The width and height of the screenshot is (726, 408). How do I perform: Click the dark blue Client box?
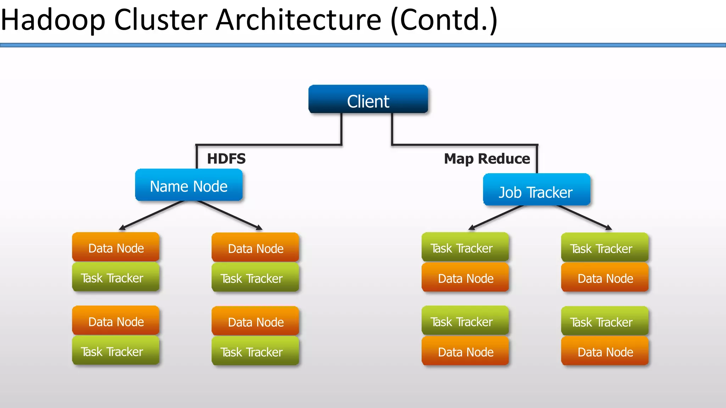368,100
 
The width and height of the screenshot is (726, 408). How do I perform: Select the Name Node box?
189,185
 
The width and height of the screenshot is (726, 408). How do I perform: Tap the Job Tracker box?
536,190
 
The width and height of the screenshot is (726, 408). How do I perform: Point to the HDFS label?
226,159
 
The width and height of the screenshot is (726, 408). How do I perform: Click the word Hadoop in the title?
53,20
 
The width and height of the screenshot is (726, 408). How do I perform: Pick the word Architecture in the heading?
298,20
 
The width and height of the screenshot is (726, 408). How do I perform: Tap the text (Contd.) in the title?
444,20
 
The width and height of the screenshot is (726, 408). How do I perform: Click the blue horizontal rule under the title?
363,45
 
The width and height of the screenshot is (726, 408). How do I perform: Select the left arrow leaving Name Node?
152,215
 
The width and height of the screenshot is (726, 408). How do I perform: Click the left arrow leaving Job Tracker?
496,217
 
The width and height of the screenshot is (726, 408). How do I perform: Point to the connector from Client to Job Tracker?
464,145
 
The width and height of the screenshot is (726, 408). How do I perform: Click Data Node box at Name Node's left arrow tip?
116,248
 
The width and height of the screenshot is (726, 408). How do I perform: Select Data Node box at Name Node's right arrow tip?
255,248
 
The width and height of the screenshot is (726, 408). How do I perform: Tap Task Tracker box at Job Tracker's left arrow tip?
465,248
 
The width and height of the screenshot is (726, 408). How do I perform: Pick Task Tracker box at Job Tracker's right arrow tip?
605,248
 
